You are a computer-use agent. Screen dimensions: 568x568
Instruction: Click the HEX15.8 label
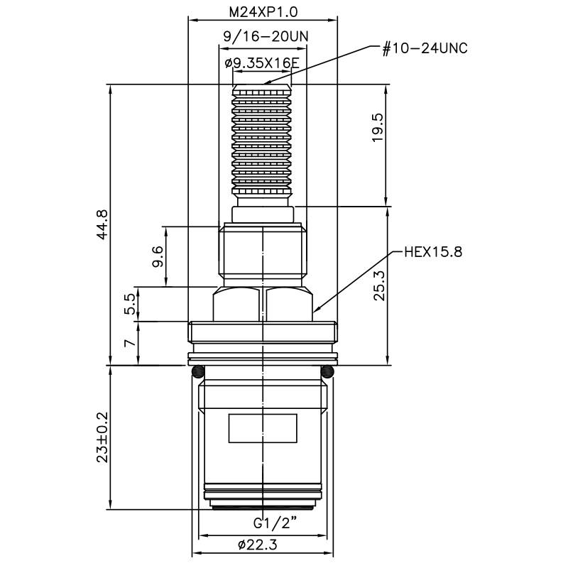click(432, 252)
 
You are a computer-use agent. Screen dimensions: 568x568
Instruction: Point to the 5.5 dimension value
click(129, 305)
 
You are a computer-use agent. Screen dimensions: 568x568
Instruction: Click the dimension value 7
click(129, 343)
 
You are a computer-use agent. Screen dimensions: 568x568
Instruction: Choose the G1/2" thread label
click(275, 525)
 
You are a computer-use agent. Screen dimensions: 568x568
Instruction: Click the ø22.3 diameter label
click(262, 545)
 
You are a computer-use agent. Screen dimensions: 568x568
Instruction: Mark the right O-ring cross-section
click(327, 371)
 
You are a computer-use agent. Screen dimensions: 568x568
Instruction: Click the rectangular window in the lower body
click(262, 427)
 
